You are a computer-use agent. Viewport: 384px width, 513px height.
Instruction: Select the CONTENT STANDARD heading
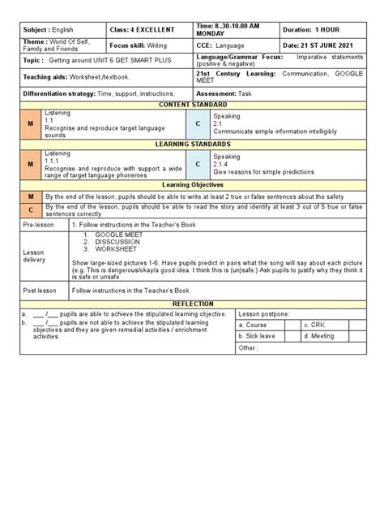(191, 105)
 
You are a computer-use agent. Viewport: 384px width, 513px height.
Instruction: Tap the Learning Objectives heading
(191, 184)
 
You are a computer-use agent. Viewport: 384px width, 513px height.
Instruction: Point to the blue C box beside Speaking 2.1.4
(198, 164)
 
